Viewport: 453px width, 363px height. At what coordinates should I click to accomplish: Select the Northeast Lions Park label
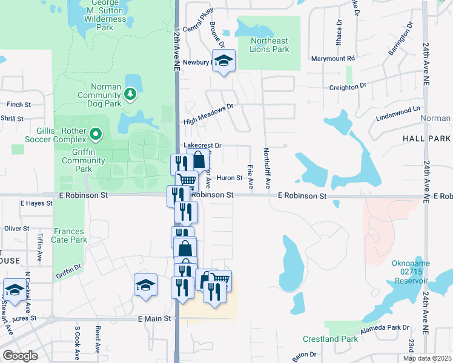click(269, 45)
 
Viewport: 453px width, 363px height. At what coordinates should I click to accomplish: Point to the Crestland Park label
click(331, 339)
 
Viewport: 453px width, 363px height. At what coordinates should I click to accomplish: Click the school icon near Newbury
click(223, 60)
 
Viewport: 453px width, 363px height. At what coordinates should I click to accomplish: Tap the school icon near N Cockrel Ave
click(15, 289)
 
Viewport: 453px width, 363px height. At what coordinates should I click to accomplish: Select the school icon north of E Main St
click(145, 285)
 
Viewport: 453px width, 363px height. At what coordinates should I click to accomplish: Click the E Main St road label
click(157, 319)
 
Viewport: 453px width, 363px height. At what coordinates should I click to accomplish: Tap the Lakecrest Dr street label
click(203, 146)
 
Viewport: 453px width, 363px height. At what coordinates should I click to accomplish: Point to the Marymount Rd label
click(332, 59)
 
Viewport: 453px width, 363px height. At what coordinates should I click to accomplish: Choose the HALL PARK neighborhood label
click(426, 139)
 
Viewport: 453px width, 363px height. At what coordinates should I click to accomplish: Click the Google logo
click(21, 356)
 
